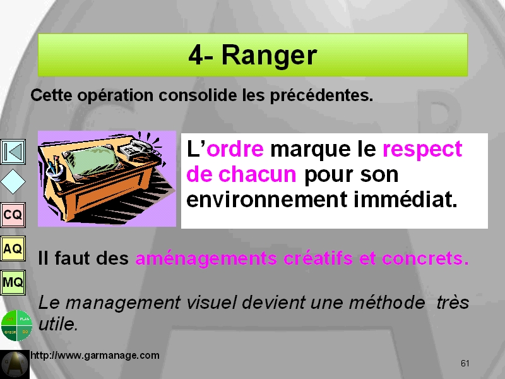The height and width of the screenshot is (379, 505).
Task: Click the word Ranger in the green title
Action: coord(270,56)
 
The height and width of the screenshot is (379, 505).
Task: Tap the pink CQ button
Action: coord(13,215)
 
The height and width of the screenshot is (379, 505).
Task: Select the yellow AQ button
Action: coord(13,248)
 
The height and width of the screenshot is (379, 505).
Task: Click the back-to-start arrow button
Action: coord(13,152)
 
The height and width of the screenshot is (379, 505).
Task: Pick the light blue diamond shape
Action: coord(13,182)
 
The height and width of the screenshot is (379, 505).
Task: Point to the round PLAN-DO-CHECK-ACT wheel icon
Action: coord(17,325)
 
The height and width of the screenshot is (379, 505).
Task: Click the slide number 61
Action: coord(465,363)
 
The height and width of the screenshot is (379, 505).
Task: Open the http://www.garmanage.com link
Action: coord(95,355)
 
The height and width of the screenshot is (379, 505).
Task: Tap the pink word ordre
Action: coord(235,149)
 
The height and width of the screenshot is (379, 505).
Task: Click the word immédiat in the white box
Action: coord(405,199)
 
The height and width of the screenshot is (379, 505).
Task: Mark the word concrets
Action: coord(425,258)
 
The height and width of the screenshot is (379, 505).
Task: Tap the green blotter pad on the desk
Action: coord(91,159)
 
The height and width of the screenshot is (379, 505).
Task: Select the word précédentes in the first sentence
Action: coord(321,95)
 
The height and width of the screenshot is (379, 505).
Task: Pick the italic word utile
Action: coord(58,324)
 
